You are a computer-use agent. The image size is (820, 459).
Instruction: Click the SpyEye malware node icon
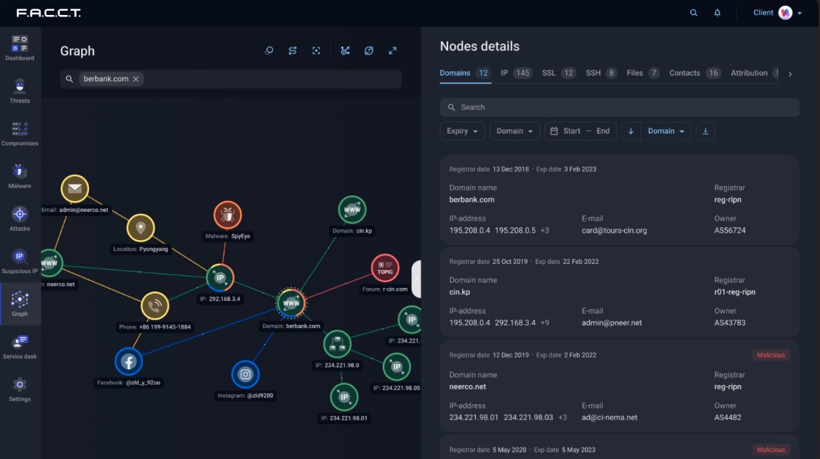[x=227, y=215]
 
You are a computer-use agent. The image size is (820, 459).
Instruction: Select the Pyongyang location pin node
[x=140, y=227]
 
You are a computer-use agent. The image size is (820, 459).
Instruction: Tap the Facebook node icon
[x=129, y=361]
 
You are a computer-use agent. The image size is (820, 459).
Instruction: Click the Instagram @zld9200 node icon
[x=245, y=374]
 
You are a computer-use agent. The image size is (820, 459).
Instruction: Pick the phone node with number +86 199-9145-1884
[x=155, y=306]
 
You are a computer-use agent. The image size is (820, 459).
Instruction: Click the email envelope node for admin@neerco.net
[x=75, y=188]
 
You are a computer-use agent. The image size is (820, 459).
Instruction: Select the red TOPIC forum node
[x=385, y=268]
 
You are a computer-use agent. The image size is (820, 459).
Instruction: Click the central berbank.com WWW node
[x=291, y=303]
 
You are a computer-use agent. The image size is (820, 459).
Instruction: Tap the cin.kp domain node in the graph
[x=352, y=210]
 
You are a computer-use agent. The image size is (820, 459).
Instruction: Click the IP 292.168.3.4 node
[x=220, y=278]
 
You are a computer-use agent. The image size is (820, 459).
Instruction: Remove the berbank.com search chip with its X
[x=136, y=79]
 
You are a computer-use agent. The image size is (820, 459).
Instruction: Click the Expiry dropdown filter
[x=462, y=131]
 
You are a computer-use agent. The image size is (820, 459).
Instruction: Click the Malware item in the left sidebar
[x=19, y=176]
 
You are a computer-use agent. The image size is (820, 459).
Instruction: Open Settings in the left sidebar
[x=19, y=390]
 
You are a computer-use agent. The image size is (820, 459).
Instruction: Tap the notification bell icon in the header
[x=717, y=13]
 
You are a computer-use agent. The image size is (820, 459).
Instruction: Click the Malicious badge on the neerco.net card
[x=771, y=355]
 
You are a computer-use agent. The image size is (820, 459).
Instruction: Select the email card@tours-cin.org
[x=614, y=230]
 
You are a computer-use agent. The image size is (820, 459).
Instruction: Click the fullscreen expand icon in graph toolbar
[x=393, y=51]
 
